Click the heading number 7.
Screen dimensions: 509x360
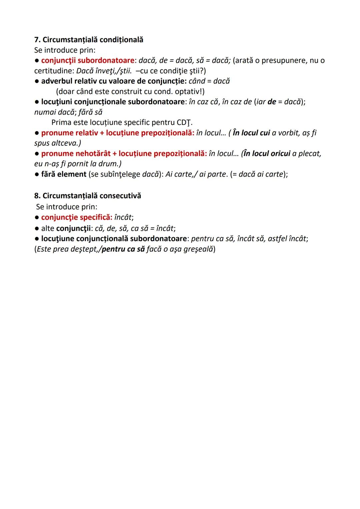37,40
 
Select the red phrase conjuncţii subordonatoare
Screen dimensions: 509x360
88,60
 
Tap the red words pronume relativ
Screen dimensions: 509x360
69,133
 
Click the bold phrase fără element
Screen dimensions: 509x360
64,174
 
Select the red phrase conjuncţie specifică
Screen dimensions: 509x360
77,217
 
